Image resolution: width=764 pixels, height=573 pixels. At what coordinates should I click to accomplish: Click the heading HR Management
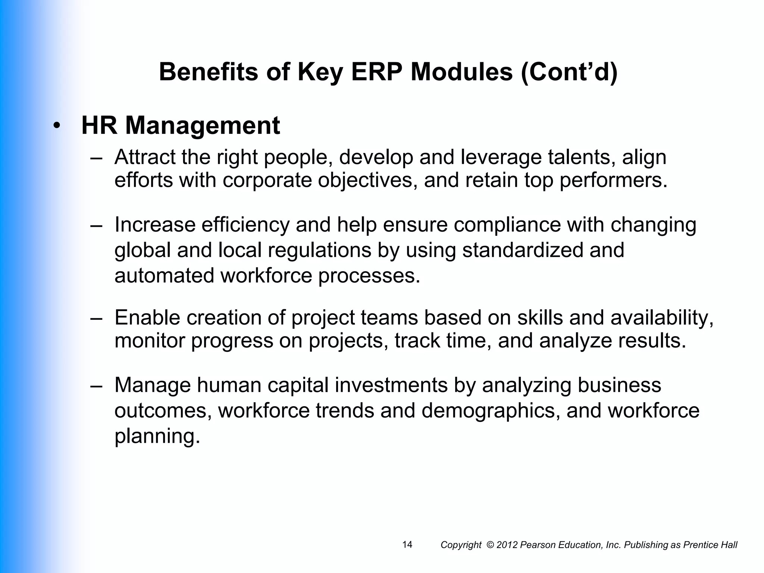coord(181,126)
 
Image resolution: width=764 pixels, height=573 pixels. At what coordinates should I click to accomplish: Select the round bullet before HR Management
coord(56,126)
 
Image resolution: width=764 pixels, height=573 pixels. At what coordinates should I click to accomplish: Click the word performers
coord(613,180)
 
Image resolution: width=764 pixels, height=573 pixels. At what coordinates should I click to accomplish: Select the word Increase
coord(155,225)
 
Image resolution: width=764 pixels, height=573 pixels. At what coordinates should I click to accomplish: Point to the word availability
coord(662,318)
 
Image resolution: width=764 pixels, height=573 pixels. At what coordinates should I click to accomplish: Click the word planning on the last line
coord(157,436)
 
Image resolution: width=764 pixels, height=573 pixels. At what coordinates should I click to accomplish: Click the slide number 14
coord(407,545)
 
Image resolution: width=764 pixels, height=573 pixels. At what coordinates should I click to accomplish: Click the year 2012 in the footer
coord(507,545)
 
